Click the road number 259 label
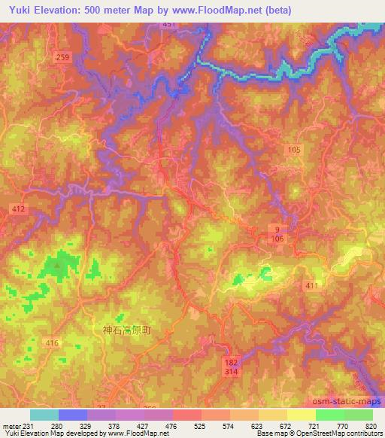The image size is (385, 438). tap(63, 57)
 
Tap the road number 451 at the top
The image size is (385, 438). tap(169, 25)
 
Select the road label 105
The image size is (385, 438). tap(293, 151)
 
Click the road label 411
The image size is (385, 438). tap(311, 286)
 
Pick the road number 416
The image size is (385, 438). tap(52, 343)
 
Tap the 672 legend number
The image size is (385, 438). tap(274, 426)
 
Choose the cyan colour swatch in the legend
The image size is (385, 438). tap(44, 415)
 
